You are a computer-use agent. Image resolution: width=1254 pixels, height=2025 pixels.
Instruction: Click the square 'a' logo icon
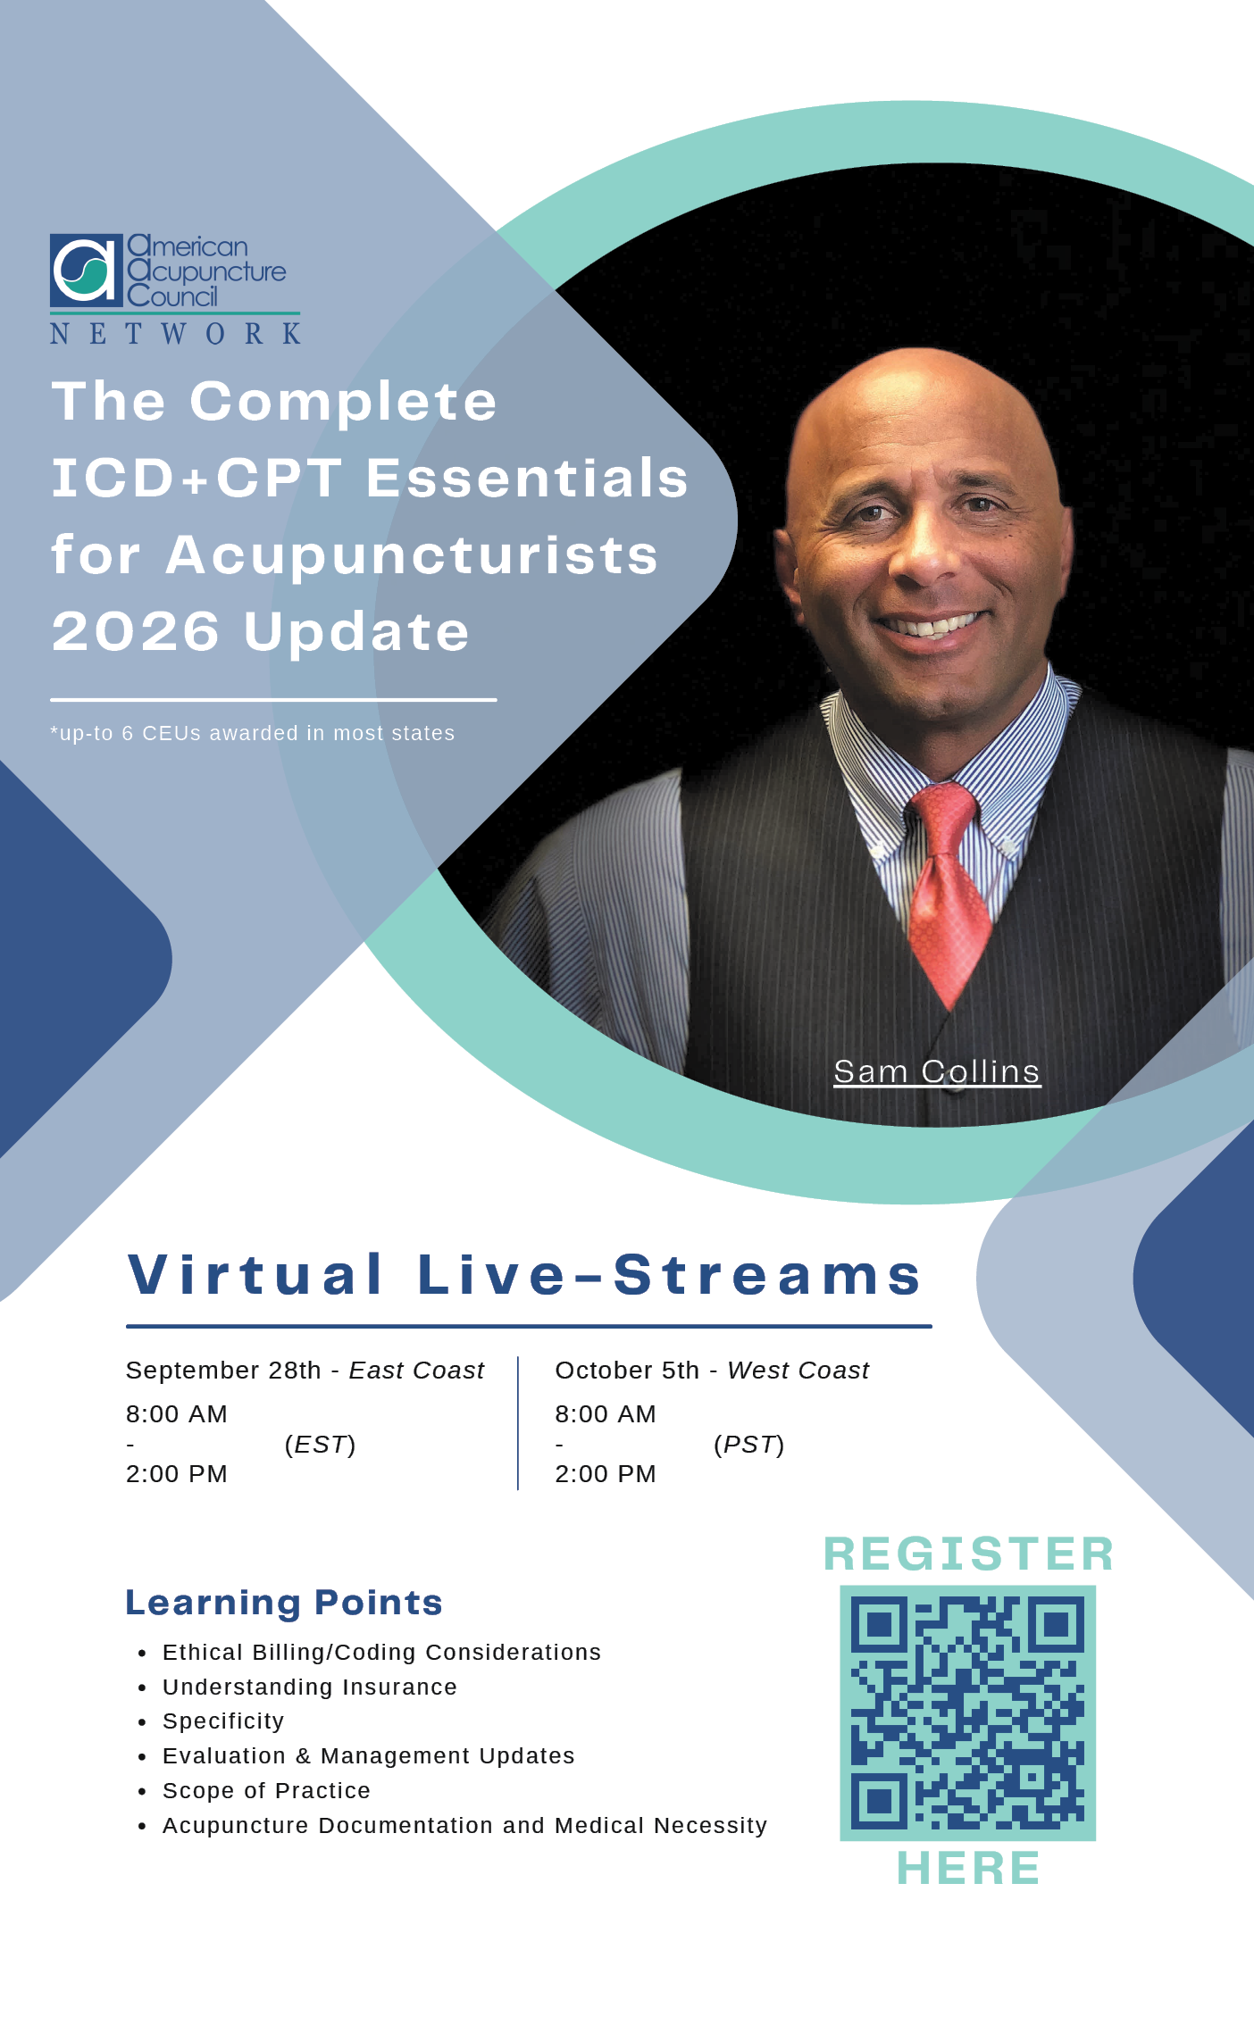point(86,270)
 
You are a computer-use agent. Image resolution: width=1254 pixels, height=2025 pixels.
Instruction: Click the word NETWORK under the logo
point(175,334)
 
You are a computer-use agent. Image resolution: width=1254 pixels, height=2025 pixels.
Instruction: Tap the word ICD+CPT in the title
point(196,478)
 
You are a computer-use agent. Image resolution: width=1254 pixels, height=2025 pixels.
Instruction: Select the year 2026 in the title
point(136,632)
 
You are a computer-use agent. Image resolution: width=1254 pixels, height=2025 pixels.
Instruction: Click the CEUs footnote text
point(253,733)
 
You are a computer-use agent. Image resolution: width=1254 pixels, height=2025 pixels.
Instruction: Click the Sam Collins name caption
point(937,1071)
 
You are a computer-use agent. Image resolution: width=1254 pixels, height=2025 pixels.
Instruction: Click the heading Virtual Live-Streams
point(525,1274)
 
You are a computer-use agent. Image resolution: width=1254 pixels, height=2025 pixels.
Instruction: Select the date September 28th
point(223,1371)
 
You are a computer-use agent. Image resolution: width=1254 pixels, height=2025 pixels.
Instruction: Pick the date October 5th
point(627,1371)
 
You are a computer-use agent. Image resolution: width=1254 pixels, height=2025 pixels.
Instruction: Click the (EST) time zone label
point(320,1445)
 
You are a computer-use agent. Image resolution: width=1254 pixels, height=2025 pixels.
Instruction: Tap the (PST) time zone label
point(748,1445)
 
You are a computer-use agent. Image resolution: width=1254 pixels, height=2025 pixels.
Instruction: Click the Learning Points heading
point(284,1603)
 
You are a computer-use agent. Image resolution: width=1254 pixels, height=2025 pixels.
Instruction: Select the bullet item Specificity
point(223,1721)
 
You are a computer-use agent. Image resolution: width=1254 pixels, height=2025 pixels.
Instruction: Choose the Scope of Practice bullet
point(266,1791)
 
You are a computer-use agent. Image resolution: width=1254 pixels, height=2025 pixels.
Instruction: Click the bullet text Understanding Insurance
point(310,1687)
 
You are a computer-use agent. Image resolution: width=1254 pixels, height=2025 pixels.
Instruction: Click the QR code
point(967,1713)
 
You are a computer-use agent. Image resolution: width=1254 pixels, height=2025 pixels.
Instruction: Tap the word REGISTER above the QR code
point(969,1554)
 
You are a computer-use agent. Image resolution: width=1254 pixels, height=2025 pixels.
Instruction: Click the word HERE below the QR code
point(969,1868)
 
